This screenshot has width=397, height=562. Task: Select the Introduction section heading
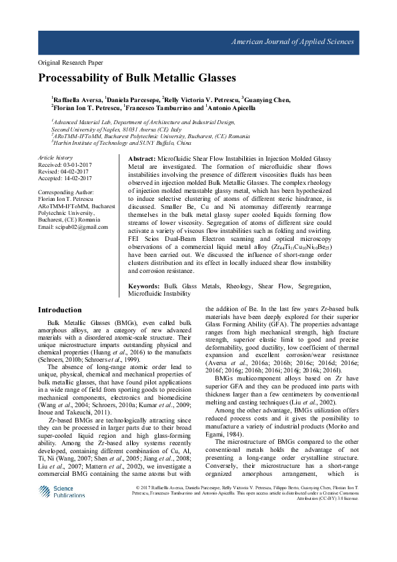pos(59,310)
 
